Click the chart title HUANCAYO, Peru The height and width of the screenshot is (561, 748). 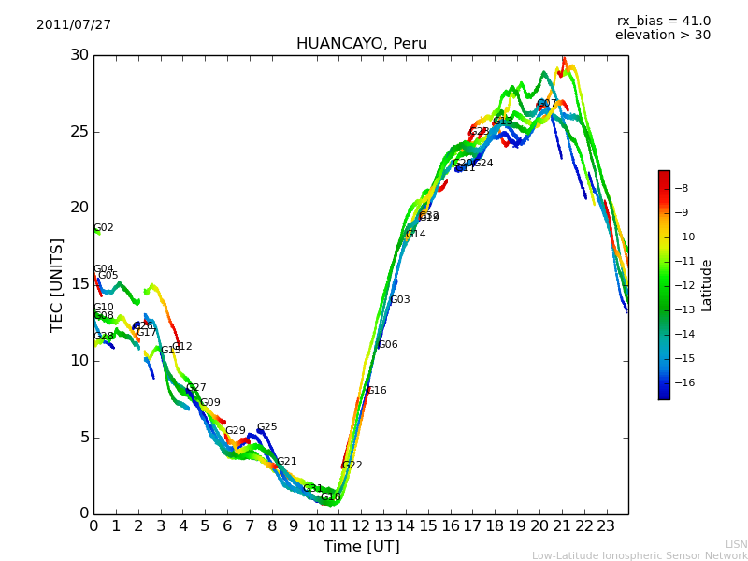click(x=362, y=44)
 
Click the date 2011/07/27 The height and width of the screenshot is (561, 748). click(x=74, y=25)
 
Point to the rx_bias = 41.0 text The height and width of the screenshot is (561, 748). click(x=664, y=22)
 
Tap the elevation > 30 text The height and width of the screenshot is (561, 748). click(x=663, y=36)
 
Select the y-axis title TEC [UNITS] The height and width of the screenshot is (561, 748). click(x=58, y=284)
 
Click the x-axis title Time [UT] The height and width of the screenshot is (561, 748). click(x=362, y=546)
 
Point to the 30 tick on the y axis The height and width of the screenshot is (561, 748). click(x=79, y=55)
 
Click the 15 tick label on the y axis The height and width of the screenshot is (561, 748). click(x=79, y=284)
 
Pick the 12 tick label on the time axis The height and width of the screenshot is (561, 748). click(x=361, y=525)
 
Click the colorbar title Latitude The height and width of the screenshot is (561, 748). click(x=707, y=285)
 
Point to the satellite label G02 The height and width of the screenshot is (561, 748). click(x=104, y=228)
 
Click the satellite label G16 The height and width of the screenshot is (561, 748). click(x=377, y=391)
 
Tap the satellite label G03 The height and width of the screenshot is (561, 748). click(x=400, y=300)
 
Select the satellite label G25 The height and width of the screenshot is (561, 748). click(x=267, y=427)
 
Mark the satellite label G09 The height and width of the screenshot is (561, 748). click(x=210, y=403)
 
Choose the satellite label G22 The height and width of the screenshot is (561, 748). click(x=352, y=466)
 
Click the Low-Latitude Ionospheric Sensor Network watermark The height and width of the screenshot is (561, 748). click(x=640, y=555)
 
